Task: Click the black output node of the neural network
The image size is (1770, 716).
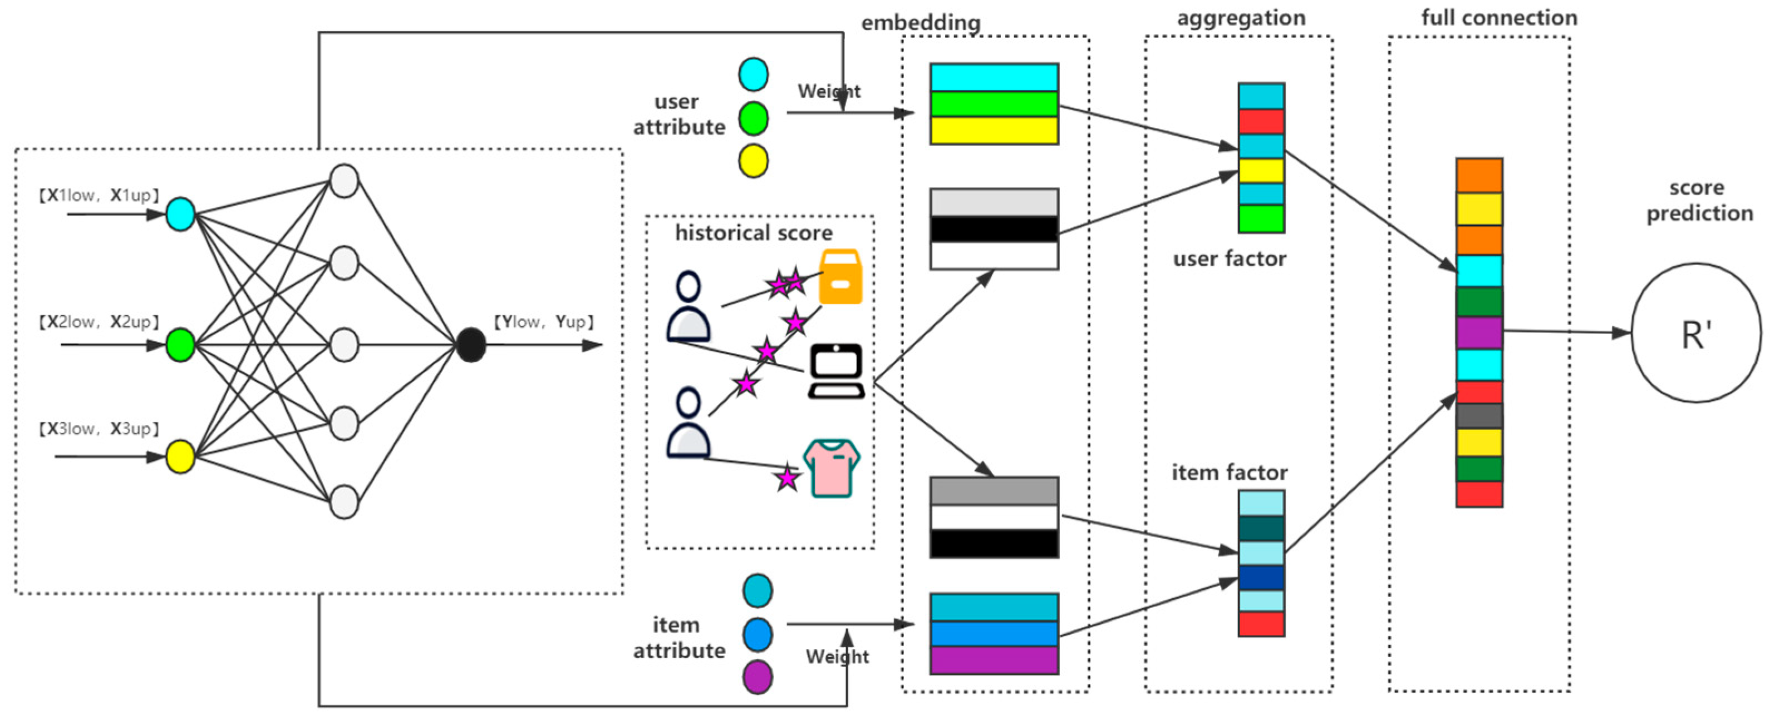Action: click(471, 345)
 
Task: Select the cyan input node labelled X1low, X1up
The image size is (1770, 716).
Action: click(180, 214)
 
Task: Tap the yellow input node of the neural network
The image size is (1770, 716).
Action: click(180, 456)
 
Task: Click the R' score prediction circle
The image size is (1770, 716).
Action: click(1696, 333)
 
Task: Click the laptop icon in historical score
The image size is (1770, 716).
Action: click(836, 371)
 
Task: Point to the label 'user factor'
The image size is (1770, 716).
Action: click(1229, 259)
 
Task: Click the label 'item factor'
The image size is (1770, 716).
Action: click(1229, 473)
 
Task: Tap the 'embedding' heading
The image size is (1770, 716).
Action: click(921, 23)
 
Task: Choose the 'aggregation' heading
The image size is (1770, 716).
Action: click(1241, 18)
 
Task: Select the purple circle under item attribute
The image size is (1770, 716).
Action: click(757, 677)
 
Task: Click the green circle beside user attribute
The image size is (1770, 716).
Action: click(753, 118)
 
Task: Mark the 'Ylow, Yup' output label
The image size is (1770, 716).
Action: click(543, 322)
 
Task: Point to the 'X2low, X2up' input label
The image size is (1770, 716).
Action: click(99, 322)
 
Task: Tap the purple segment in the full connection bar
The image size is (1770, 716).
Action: click(1479, 333)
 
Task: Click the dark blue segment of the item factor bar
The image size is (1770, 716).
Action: click(1261, 578)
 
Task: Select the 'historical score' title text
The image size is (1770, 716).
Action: click(753, 233)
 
